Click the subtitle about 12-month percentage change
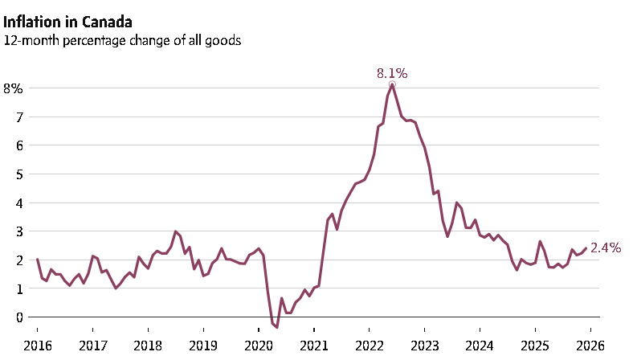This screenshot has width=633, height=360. tap(121, 39)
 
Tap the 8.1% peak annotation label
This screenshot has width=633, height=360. tap(392, 73)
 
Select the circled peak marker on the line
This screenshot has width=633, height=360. tap(392, 84)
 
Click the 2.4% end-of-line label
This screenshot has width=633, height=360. tap(606, 248)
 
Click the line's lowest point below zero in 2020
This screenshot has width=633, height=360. tap(277, 328)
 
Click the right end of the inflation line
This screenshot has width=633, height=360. tap(586, 248)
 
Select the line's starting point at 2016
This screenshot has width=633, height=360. tap(37, 260)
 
